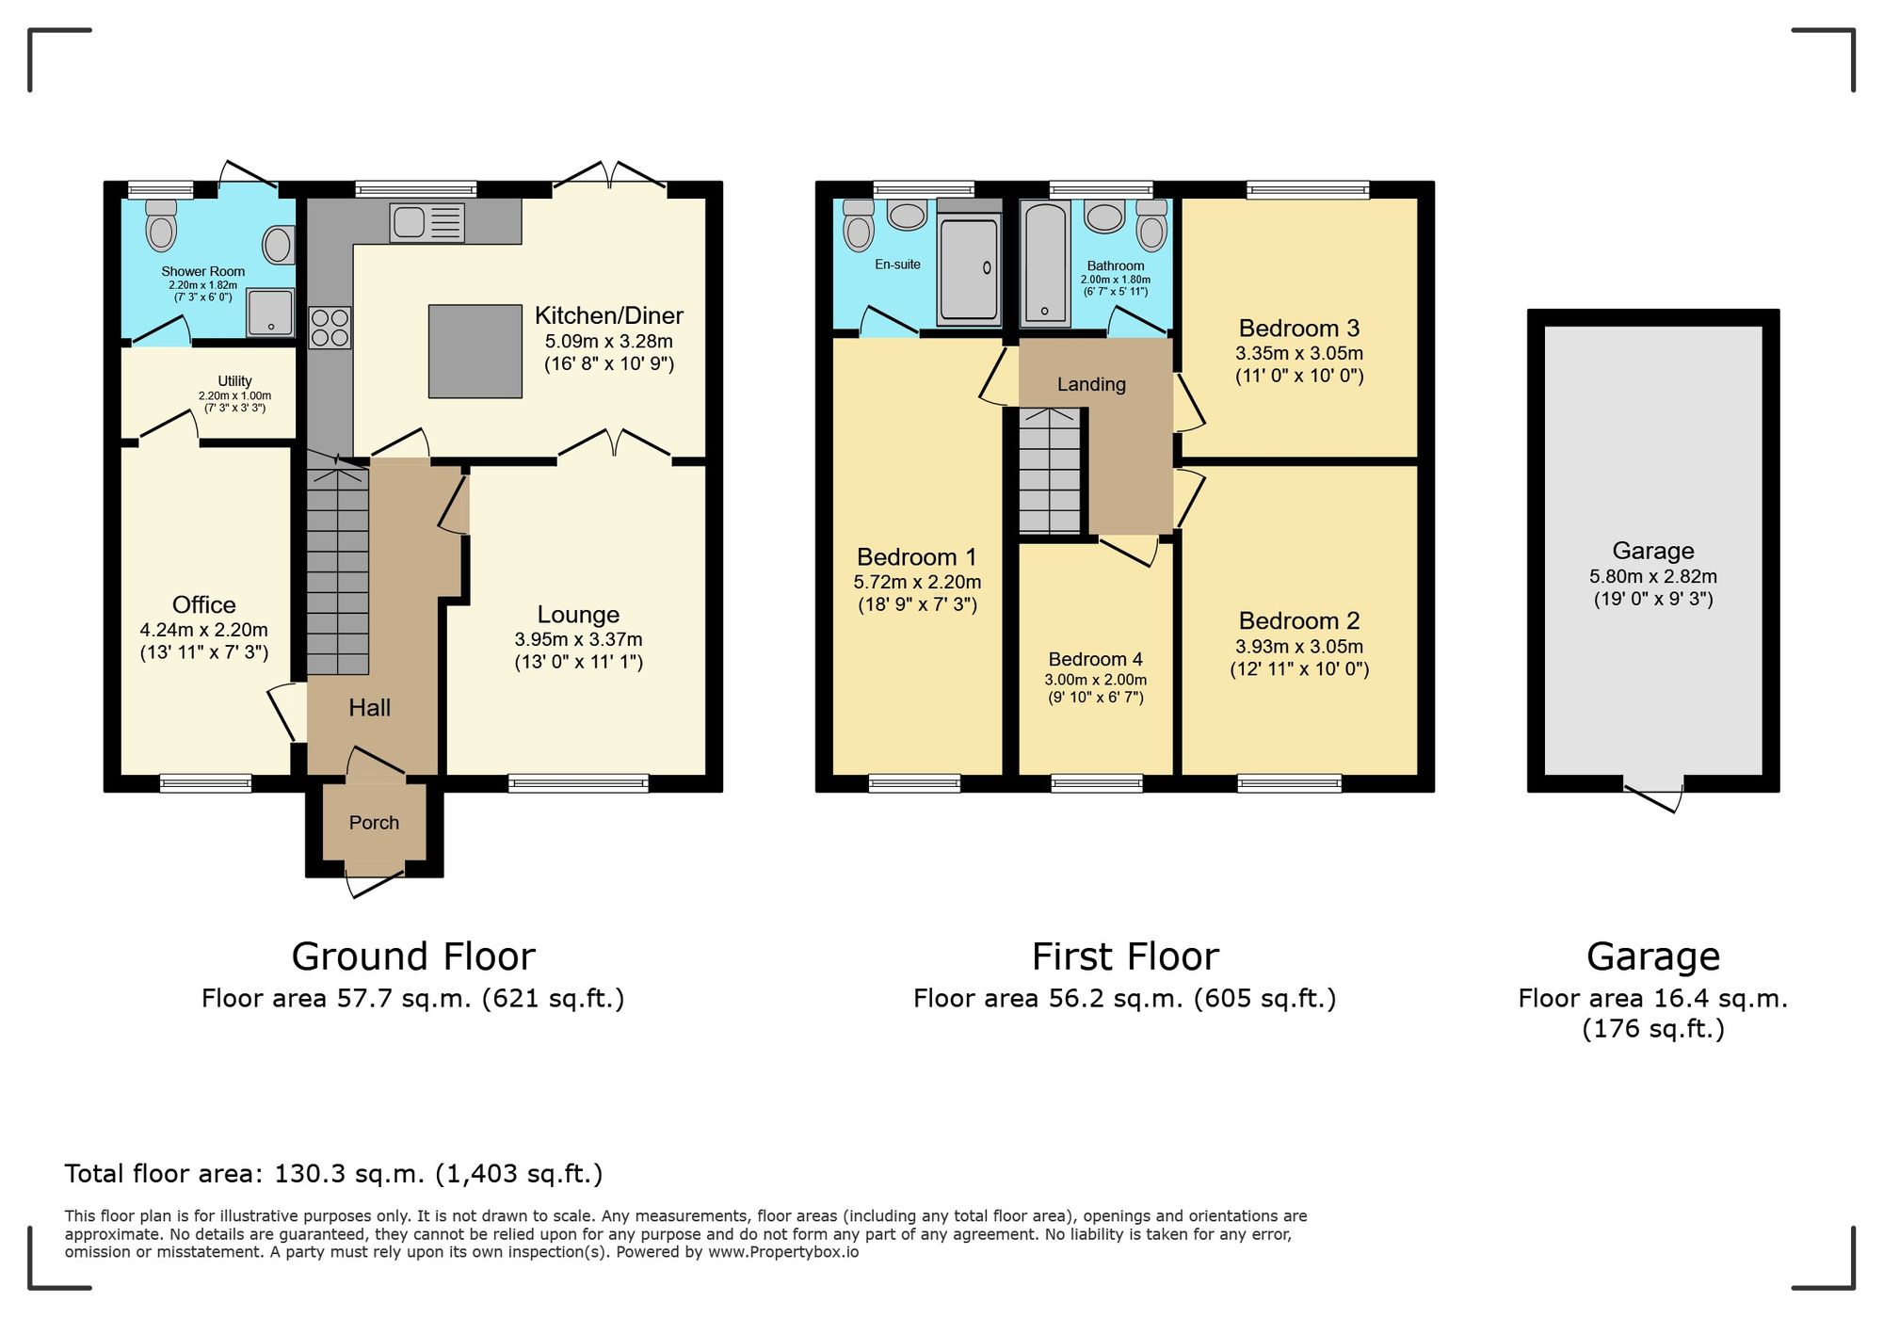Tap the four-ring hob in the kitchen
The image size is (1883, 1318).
tap(330, 328)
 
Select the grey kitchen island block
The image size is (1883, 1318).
tap(475, 351)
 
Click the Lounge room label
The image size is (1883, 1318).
tap(578, 615)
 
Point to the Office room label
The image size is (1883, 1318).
tap(203, 604)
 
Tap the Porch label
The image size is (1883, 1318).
tap(374, 823)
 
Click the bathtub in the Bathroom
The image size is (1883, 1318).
tap(1044, 264)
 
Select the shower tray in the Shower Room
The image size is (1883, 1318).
tap(270, 313)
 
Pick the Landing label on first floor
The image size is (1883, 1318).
tap(1091, 384)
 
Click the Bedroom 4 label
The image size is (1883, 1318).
tap(1095, 659)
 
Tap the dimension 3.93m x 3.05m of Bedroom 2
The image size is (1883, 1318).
tap(1299, 647)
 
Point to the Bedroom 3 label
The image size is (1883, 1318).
tap(1299, 329)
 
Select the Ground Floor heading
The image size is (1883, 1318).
tap(413, 956)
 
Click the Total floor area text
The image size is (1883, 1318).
tap(333, 1174)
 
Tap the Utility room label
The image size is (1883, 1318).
tap(234, 381)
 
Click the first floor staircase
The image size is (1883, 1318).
tap(1050, 471)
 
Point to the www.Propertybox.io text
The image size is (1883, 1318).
tap(783, 1253)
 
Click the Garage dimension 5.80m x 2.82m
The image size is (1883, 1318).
tap(1653, 576)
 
